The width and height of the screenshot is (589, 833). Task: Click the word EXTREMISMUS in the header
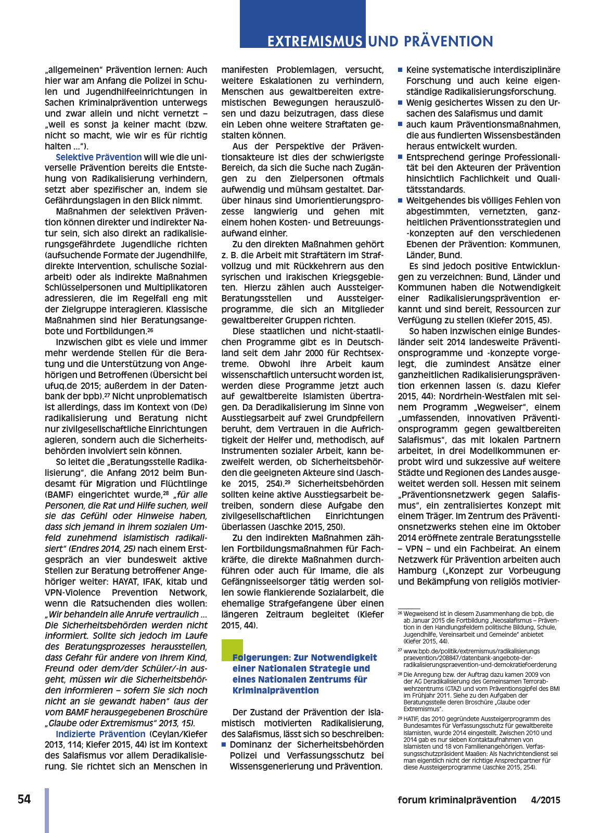point(315,41)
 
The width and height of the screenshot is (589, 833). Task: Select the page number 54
point(24,799)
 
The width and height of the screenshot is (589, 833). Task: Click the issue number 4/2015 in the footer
point(545,800)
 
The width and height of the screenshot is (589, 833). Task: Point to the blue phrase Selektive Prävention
point(98,157)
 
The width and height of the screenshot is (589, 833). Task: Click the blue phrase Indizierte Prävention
point(100,734)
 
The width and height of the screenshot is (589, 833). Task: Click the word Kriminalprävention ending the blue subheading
point(275,690)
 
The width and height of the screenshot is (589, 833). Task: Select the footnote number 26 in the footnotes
point(400,614)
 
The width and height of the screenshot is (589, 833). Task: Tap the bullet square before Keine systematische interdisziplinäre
point(400,70)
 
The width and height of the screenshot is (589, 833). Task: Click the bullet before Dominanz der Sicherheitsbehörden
point(224,744)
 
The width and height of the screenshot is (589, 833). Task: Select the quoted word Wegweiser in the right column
point(497,407)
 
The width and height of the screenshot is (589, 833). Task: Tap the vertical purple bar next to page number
point(47,810)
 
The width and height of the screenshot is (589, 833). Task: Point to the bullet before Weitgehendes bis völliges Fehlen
point(400,200)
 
